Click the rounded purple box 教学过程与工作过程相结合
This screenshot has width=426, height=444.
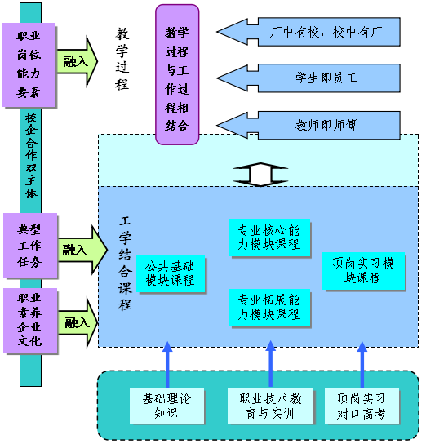pos(177,74)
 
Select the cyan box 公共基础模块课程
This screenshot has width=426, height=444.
pos(171,273)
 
